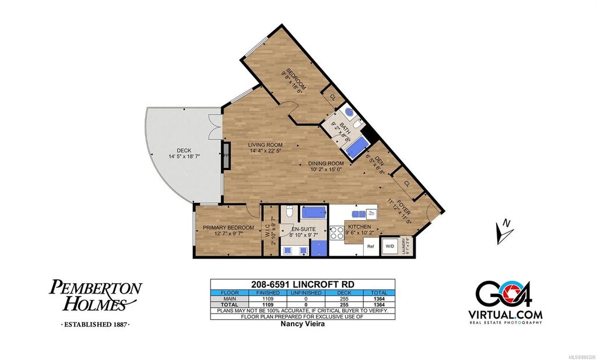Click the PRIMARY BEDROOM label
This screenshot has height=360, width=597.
click(228, 228)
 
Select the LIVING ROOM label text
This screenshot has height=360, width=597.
click(265, 145)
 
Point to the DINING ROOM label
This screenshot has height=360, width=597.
click(326, 164)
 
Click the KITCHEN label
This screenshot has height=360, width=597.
click(360, 226)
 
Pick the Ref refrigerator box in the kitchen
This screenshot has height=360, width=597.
click(370, 246)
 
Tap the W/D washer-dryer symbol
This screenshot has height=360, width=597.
click(389, 246)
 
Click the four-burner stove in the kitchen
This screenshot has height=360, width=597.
click(338, 232)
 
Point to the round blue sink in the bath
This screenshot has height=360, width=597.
click(348, 112)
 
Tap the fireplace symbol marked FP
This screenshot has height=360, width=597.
click(224, 156)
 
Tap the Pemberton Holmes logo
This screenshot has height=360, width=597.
click(96, 297)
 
